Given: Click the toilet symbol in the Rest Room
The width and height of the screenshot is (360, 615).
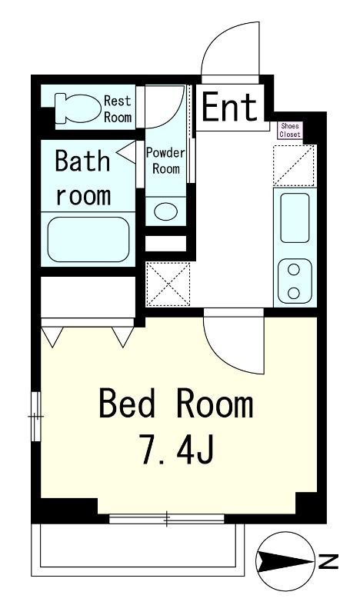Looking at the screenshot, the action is click(78, 108).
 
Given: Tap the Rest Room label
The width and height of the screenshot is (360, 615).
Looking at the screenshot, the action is click(118, 108).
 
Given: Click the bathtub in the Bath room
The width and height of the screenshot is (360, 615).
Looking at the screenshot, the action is click(88, 239).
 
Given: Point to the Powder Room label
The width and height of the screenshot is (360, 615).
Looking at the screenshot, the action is click(165, 161).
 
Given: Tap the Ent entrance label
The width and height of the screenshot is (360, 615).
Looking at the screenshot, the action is click(230, 107).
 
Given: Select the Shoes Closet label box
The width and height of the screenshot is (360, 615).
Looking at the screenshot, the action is click(290, 130).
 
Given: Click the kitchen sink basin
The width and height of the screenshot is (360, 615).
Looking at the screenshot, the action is click(295, 218).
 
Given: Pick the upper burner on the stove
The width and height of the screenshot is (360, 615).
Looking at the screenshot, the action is click(293, 270).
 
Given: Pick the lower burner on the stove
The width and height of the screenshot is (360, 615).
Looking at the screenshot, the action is click(293, 293).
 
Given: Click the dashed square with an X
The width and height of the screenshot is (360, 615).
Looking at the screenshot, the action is click(168, 284).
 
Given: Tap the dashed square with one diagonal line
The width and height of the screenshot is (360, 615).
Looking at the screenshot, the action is click(295, 165).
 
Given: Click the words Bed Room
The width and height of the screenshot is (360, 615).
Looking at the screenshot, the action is click(176, 402).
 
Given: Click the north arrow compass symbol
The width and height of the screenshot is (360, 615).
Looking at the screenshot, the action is click(285, 562).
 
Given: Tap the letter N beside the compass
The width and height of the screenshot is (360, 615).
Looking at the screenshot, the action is click(328, 562).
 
